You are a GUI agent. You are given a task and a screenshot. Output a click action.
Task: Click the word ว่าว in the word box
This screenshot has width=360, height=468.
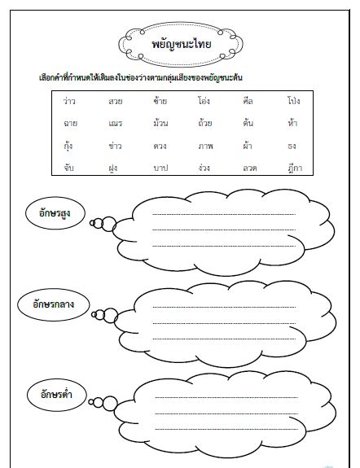point(70,102)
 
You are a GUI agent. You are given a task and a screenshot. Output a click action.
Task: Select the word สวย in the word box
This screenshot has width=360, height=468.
point(115,102)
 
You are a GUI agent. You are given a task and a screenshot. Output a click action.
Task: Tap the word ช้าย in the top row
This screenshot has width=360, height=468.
point(160,102)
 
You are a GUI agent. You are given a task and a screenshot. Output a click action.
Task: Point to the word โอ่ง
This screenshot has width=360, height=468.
point(204,102)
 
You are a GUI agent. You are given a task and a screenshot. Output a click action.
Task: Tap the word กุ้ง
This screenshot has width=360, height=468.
point(70,146)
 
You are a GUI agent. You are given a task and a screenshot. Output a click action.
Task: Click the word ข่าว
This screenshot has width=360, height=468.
point(115,146)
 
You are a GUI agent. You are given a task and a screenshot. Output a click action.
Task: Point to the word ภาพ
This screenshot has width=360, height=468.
point(204,146)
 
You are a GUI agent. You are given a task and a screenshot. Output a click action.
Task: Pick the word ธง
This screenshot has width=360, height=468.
point(292,146)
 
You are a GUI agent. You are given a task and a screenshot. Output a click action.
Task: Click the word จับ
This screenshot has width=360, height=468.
point(70,168)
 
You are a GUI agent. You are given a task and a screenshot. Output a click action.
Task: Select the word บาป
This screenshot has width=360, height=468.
point(160,168)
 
